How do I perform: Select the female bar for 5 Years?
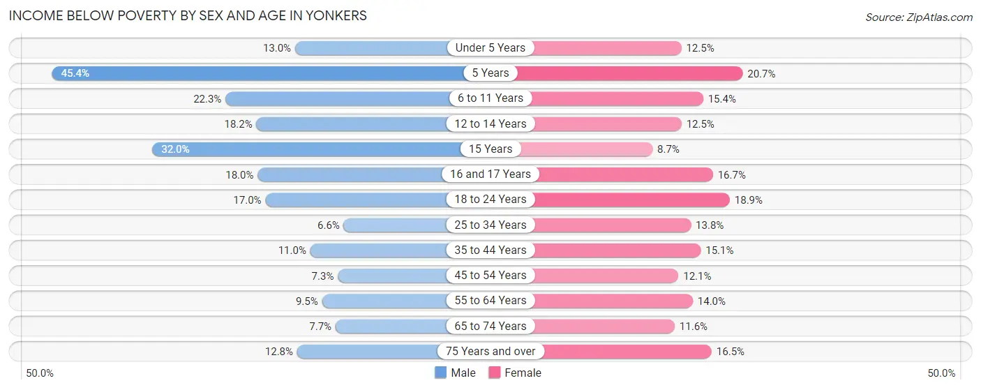pyautogui.click(x=628, y=73)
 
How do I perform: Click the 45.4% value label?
pyautogui.click(x=75, y=73)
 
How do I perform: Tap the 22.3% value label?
pyautogui.click(x=207, y=99)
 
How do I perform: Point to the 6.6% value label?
pyautogui.click(x=327, y=225)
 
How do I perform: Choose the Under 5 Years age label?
pyautogui.click(x=490, y=48)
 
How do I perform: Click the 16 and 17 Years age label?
pyautogui.click(x=490, y=174)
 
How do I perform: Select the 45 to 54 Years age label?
pyautogui.click(x=490, y=276)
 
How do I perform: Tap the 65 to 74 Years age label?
pyautogui.click(x=490, y=326)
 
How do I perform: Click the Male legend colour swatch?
pyautogui.click(x=440, y=373)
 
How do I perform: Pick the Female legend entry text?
pyautogui.click(x=523, y=373)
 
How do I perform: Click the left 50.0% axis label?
pyautogui.click(x=40, y=373)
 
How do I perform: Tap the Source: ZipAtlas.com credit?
pyautogui.click(x=918, y=16)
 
